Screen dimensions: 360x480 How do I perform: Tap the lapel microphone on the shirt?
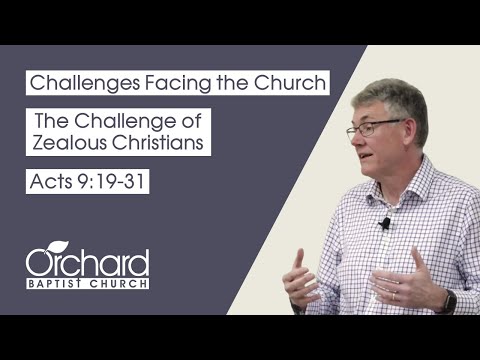[384, 224]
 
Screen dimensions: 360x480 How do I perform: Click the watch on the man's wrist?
[449, 301]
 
